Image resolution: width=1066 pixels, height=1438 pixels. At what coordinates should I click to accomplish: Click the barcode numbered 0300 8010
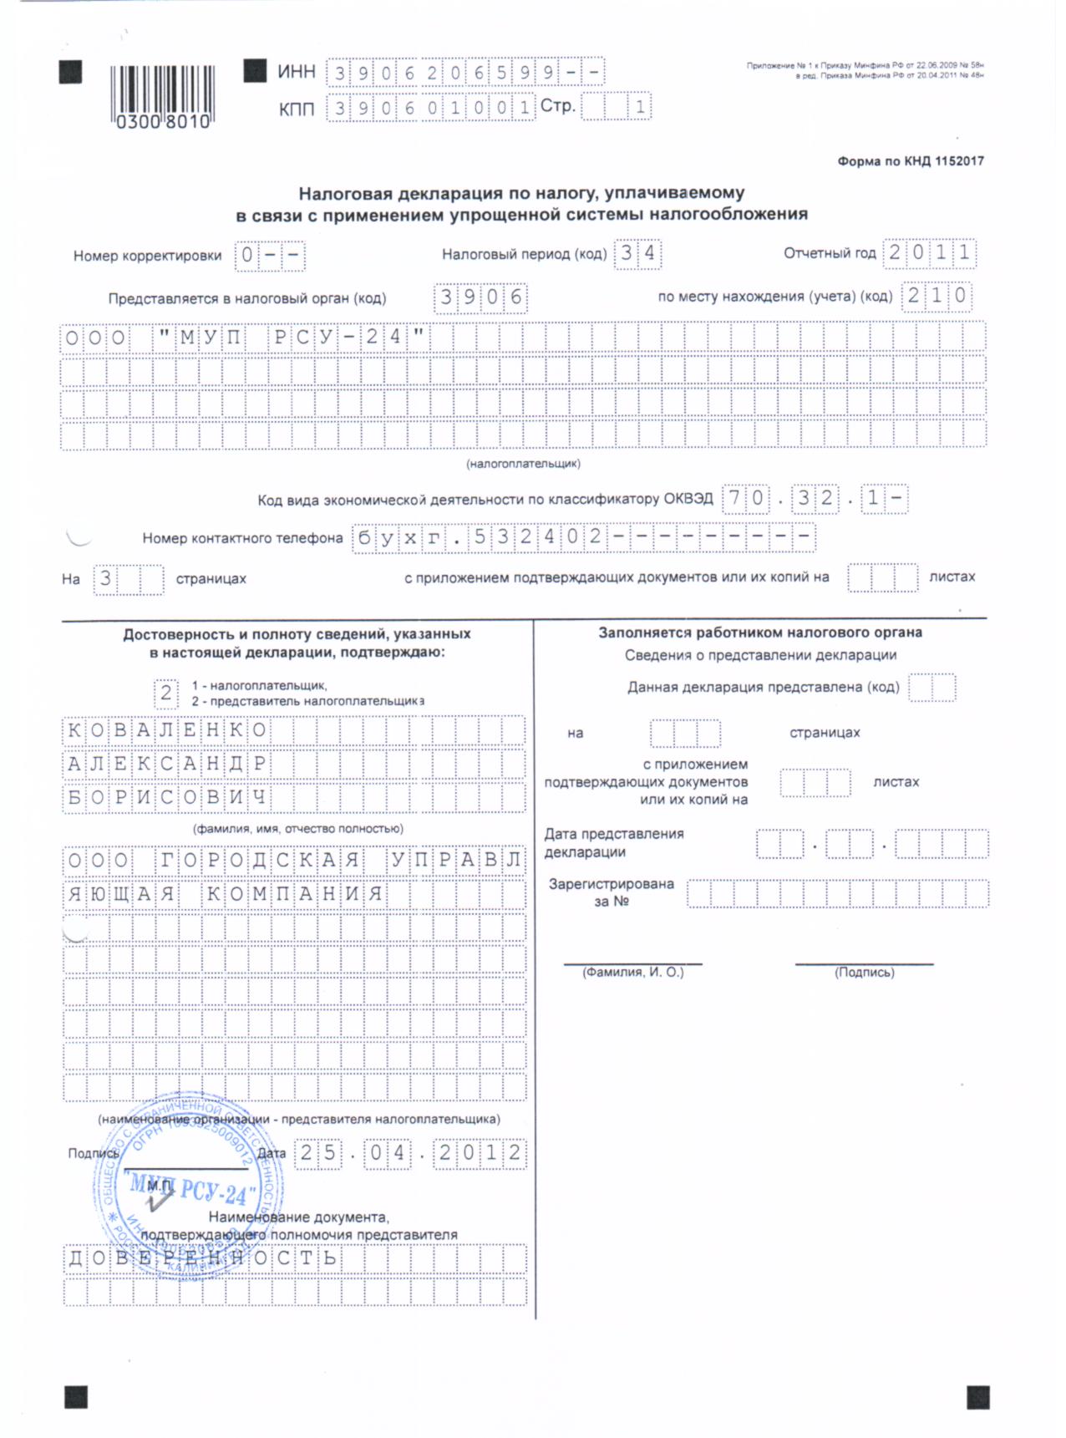163,96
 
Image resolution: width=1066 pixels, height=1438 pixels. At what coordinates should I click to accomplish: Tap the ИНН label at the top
296,72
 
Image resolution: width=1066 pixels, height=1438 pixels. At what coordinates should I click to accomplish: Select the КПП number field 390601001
430,108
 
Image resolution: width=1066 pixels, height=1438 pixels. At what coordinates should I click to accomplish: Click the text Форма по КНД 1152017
911,161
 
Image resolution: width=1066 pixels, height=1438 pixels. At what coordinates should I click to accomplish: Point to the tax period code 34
637,253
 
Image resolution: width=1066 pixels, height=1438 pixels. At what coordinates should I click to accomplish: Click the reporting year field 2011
929,252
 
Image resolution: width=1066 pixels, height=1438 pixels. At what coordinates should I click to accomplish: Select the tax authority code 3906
481,297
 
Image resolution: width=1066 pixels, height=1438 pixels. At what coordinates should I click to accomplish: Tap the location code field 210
937,295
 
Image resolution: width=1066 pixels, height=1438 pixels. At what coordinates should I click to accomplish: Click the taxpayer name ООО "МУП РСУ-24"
244,338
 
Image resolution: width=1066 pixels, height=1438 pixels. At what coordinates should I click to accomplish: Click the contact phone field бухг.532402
583,536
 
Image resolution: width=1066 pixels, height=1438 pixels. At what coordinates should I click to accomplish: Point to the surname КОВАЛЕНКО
166,730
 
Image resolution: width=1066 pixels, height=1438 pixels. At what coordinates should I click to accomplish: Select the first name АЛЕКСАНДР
166,764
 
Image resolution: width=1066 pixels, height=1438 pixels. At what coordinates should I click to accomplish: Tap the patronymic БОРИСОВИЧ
166,797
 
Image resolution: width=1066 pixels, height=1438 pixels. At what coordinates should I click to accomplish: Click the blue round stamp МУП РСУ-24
188,1186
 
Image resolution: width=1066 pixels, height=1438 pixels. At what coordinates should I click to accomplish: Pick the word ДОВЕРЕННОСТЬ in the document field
201,1258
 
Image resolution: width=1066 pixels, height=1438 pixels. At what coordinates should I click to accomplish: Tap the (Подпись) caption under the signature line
864,973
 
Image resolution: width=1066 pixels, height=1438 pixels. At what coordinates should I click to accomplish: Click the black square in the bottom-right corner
977,1397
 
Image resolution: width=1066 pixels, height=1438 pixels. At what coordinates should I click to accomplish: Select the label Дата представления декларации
614,843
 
